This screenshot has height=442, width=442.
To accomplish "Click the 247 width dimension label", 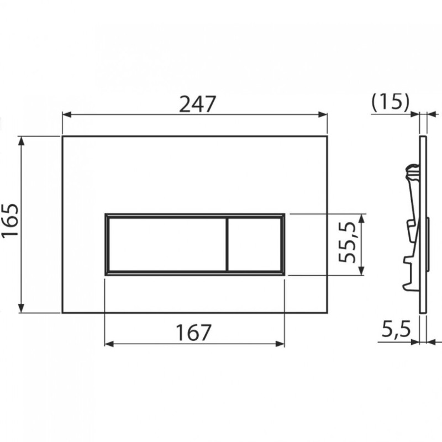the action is (x=197, y=104).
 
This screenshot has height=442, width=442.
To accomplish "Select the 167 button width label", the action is (x=193, y=333).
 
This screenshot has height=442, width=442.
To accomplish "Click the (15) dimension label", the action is (x=390, y=102).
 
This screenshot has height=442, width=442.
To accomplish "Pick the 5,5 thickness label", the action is (x=396, y=329).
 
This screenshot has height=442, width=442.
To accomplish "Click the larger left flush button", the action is (x=167, y=244).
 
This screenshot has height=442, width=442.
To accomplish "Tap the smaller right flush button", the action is (x=254, y=244).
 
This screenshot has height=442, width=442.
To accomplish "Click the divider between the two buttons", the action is (x=227, y=244).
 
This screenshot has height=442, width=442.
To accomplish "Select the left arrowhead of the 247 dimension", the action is (x=66, y=114).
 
